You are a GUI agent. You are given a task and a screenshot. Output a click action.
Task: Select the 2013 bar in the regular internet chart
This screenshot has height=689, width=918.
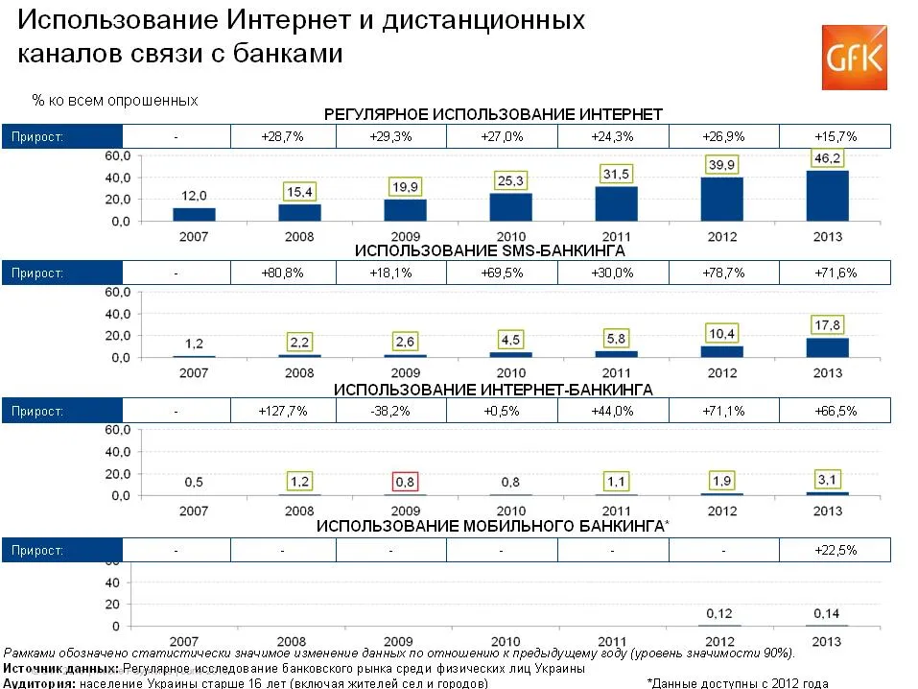tap(827, 196)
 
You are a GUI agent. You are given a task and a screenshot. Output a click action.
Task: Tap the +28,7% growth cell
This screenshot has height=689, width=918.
tap(282, 136)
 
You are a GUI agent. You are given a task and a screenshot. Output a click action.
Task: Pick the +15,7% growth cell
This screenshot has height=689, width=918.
tap(835, 136)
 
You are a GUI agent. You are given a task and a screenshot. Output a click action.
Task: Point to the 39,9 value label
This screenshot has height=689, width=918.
tap(722, 164)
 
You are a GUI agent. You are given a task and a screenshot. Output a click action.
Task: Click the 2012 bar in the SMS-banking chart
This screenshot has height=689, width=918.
tap(721, 351)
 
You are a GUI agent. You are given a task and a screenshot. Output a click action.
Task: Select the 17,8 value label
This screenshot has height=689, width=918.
tap(827, 323)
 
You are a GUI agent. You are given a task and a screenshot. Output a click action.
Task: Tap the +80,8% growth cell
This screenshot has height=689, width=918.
tap(282, 273)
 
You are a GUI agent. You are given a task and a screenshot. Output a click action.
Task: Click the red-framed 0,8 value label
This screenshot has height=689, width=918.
tap(405, 480)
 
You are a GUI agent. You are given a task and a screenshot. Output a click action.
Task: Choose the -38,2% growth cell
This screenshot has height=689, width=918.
tap(390, 412)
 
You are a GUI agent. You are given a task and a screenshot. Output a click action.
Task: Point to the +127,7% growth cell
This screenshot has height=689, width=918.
tap(282, 412)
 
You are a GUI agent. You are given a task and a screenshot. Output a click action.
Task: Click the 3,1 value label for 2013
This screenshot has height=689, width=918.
tap(827, 477)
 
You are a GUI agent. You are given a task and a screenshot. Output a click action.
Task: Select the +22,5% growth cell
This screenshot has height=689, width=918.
tap(835, 550)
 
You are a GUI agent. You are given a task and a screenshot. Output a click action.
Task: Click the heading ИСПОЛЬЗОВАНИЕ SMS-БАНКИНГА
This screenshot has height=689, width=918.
tap(490, 251)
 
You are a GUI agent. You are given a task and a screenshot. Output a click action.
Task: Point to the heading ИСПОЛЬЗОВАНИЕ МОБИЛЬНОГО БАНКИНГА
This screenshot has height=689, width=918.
tap(490, 527)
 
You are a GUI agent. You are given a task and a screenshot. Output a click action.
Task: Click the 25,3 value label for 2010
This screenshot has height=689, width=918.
tap(510, 179)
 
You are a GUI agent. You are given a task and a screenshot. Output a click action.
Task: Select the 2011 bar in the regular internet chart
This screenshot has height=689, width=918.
tap(616, 203)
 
